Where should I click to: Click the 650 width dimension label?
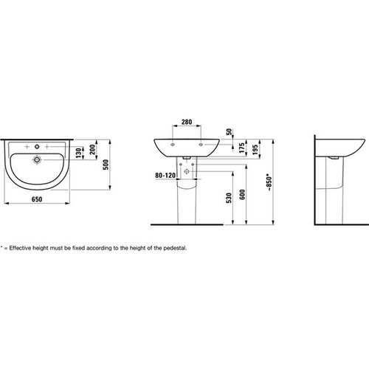[37, 199]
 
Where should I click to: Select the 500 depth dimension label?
[106, 165]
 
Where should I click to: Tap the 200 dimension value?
[92, 149]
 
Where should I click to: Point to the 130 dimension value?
[78, 153]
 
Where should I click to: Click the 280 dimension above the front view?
[187, 122]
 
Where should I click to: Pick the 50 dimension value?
[229, 132]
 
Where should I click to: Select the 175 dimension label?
[242, 148]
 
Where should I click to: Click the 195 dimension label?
[255, 149]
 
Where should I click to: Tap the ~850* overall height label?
[269, 182]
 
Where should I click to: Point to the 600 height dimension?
[242, 194]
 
